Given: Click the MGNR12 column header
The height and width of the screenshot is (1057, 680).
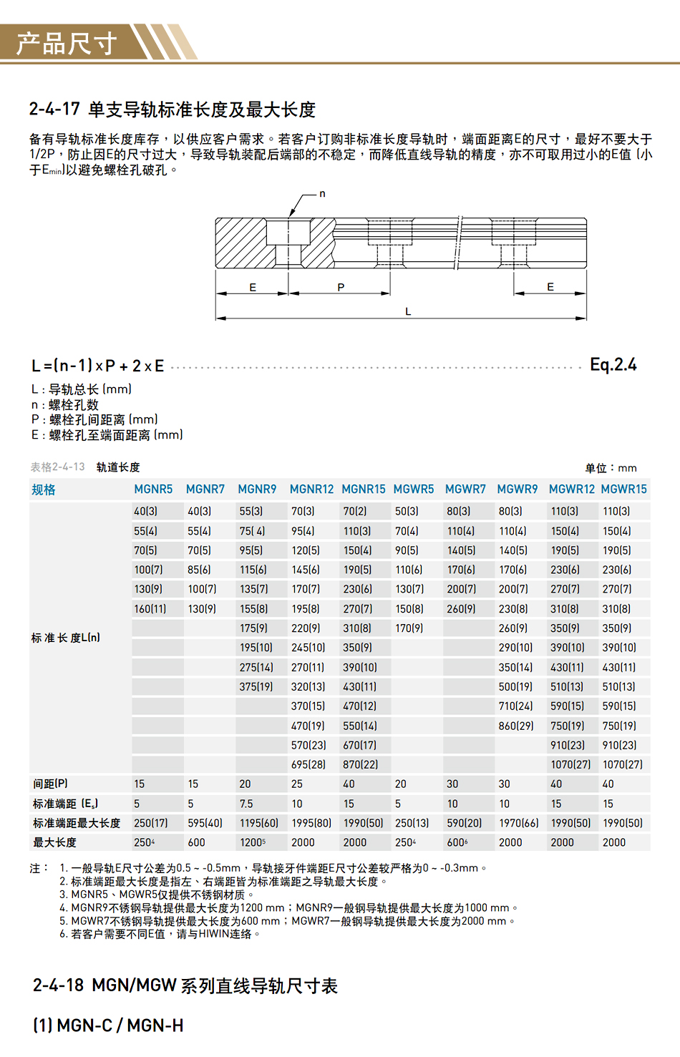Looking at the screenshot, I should coord(311,489).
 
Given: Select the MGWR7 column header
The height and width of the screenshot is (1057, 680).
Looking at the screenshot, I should coord(465,489).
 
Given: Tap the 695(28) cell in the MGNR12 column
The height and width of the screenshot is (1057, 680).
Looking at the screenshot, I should coord(309,765).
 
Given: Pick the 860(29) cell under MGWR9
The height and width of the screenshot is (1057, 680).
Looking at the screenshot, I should coord(515,726).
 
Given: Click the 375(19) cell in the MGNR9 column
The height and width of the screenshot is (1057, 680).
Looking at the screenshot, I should coord(256,687).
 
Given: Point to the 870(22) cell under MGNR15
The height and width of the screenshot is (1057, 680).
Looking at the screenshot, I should coord(360,765).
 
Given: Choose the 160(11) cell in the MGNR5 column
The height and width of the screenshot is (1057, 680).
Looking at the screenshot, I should coord(150,609).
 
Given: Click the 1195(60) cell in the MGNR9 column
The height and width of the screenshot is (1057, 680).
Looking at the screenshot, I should coord(259,824).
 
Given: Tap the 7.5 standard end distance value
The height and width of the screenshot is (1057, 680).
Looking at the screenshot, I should coord(246,804).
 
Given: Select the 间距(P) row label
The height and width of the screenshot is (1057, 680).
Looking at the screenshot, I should coord(50,784).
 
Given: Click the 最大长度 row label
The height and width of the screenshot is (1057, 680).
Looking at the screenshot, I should coord(54,843).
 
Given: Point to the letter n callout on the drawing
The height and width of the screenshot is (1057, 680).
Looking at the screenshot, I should coord(322,194).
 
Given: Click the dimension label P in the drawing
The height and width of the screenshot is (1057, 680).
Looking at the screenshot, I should coord(341,287).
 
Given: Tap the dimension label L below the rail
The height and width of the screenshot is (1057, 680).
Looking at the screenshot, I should coord(408,312).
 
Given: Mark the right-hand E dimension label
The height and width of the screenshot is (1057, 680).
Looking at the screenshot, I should coord(550,287).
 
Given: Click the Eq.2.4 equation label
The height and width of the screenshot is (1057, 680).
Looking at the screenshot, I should coord(613,365).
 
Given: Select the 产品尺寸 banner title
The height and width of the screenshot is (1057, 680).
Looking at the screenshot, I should coord(67,44).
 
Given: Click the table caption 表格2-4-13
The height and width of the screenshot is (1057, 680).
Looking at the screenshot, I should coord(57,467).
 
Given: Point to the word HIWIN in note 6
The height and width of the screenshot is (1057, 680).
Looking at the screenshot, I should coord(214,934).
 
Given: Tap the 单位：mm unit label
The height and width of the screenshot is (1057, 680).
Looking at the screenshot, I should coord(611,468).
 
